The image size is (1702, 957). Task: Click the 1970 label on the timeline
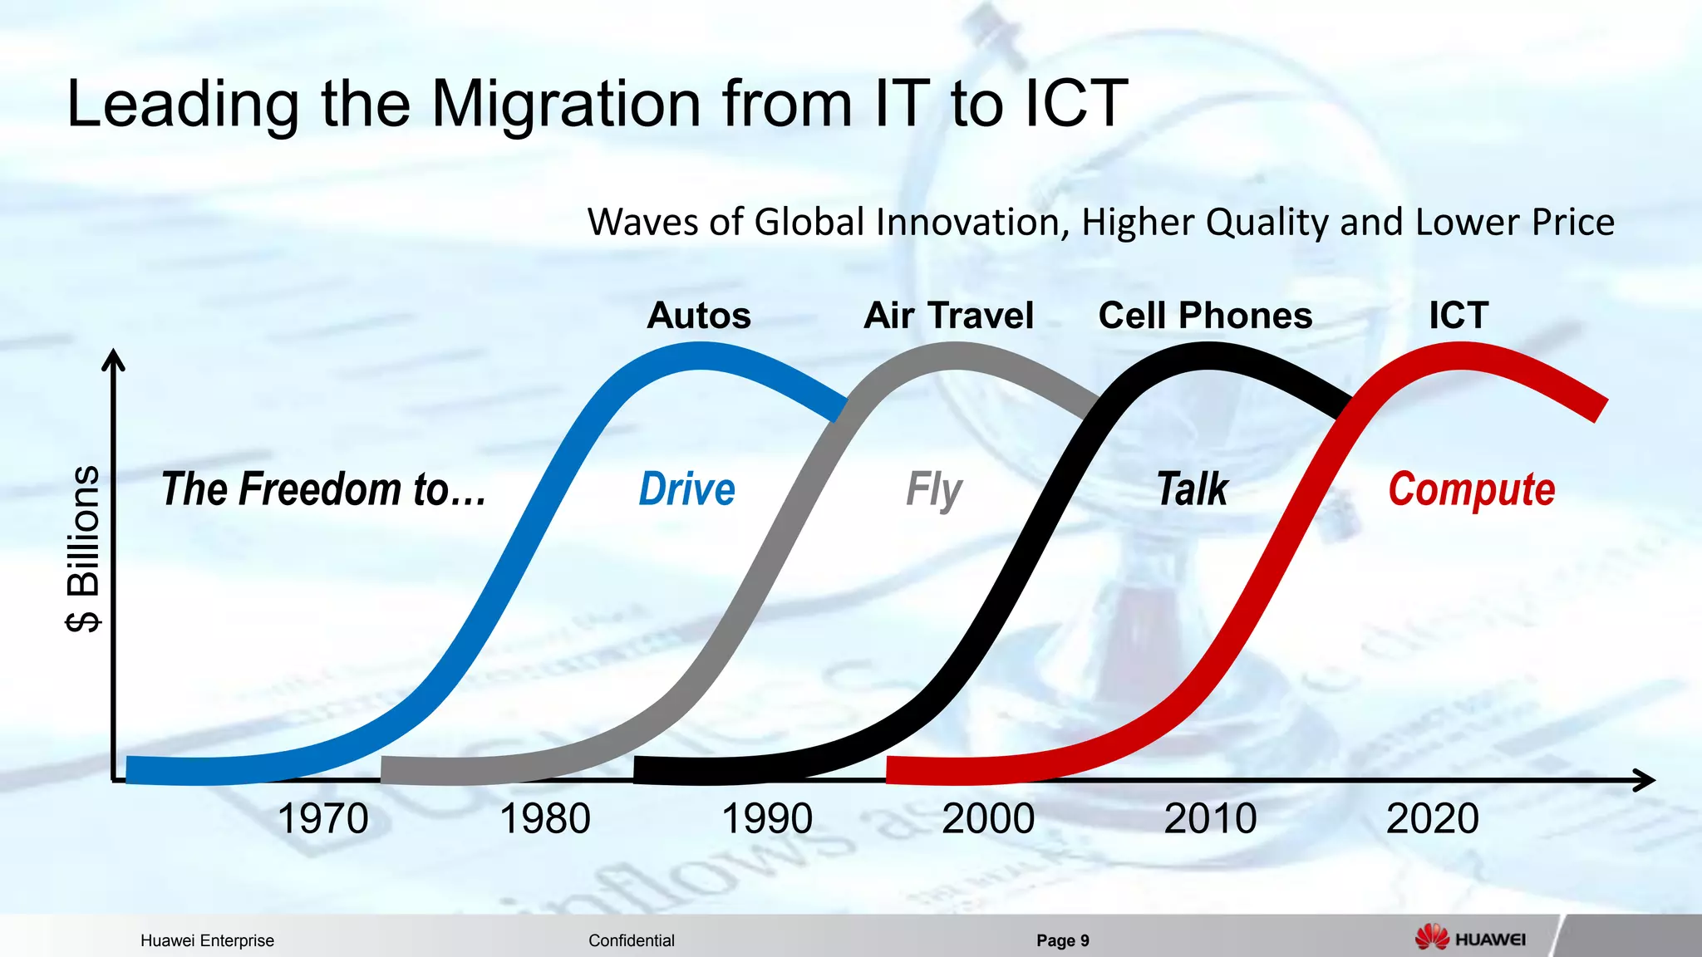coord(323,819)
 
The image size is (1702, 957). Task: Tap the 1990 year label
coord(766,819)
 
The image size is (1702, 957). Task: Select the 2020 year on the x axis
coord(1432,819)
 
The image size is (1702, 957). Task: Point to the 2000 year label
coord(988,819)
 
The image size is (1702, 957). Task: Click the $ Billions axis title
coord(83,548)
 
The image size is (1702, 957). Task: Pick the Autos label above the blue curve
coord(699,316)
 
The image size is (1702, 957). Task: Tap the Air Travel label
coord(948,316)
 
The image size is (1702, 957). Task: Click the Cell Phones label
coord(1205,316)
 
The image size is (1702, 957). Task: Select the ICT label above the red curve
coord(1459,316)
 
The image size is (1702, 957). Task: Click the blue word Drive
coord(686,489)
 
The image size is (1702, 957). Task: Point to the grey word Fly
coord(933,490)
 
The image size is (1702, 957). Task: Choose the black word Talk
coord(1193,489)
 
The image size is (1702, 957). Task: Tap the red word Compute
coord(1471,490)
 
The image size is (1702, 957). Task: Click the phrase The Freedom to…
coord(323,489)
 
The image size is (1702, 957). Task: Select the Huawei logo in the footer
coord(1470,939)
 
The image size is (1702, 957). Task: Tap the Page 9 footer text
coord(1062,940)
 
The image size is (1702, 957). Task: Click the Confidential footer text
coord(631,940)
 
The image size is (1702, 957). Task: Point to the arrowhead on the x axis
coord(1646,780)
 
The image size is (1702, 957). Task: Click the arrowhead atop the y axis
coord(113,358)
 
